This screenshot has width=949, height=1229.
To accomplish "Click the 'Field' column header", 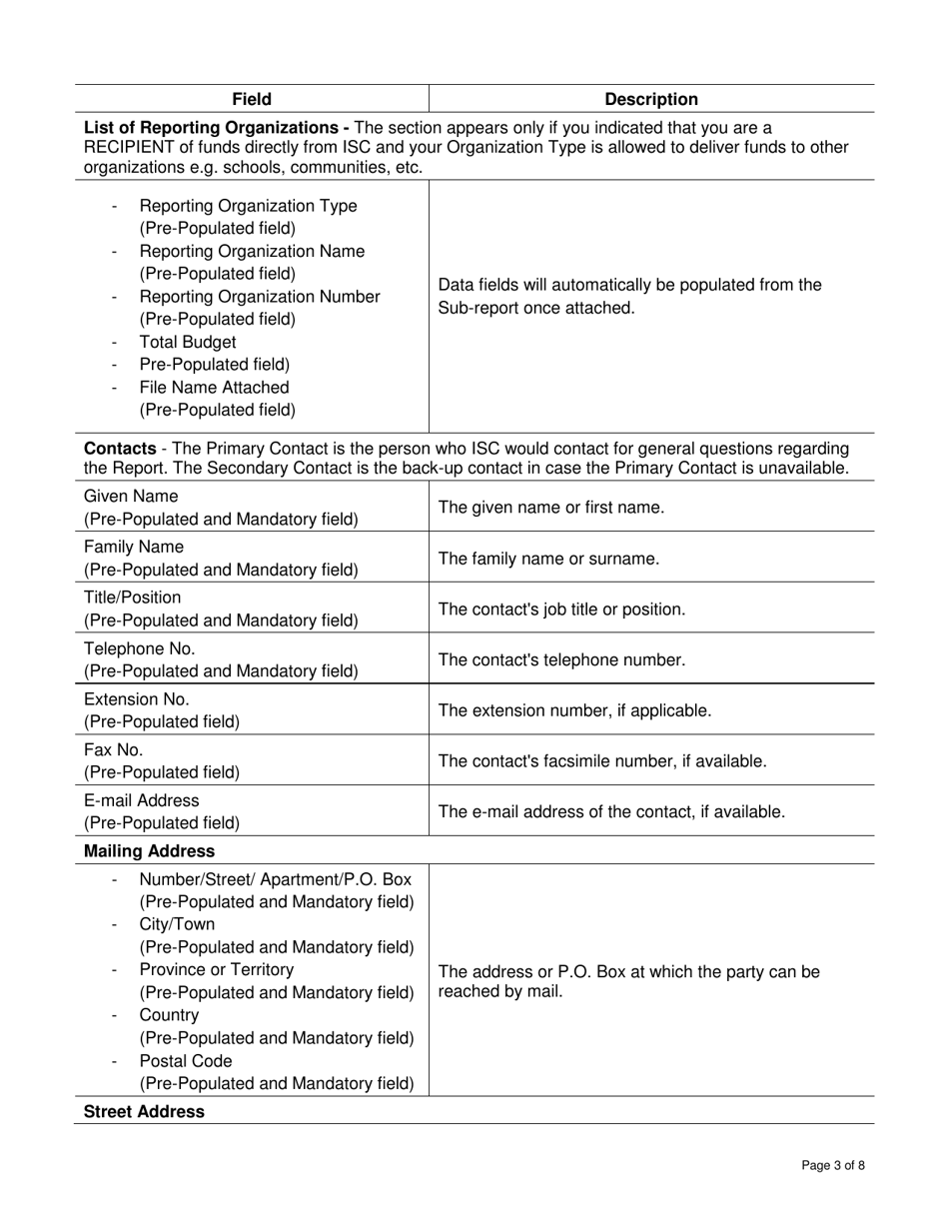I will click(252, 99).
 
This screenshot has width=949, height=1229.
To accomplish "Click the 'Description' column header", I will click(651, 99).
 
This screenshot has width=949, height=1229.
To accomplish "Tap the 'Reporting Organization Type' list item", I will click(248, 206).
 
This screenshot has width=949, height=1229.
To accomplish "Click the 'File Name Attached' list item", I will click(214, 388).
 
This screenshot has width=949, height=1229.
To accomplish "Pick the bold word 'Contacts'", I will click(120, 448).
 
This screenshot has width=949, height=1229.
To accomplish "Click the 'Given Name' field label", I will click(131, 497).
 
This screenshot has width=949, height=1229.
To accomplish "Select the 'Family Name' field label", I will click(134, 548).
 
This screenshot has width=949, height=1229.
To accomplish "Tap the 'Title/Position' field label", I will click(133, 598).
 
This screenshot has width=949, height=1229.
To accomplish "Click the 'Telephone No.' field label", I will click(140, 648).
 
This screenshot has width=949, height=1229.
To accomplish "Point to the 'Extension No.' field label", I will click(137, 699).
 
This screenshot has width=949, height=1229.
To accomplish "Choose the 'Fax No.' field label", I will click(114, 749).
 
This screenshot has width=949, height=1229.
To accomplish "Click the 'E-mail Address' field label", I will click(142, 800).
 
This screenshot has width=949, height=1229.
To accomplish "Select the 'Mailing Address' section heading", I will click(149, 851).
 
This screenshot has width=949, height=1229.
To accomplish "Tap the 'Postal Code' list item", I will click(186, 1061).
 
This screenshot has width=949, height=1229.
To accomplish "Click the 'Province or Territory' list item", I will click(217, 969).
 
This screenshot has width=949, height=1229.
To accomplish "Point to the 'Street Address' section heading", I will click(144, 1111).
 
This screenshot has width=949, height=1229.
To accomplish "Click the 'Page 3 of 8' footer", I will click(833, 1165).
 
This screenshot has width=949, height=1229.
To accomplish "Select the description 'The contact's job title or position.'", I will click(562, 610).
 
